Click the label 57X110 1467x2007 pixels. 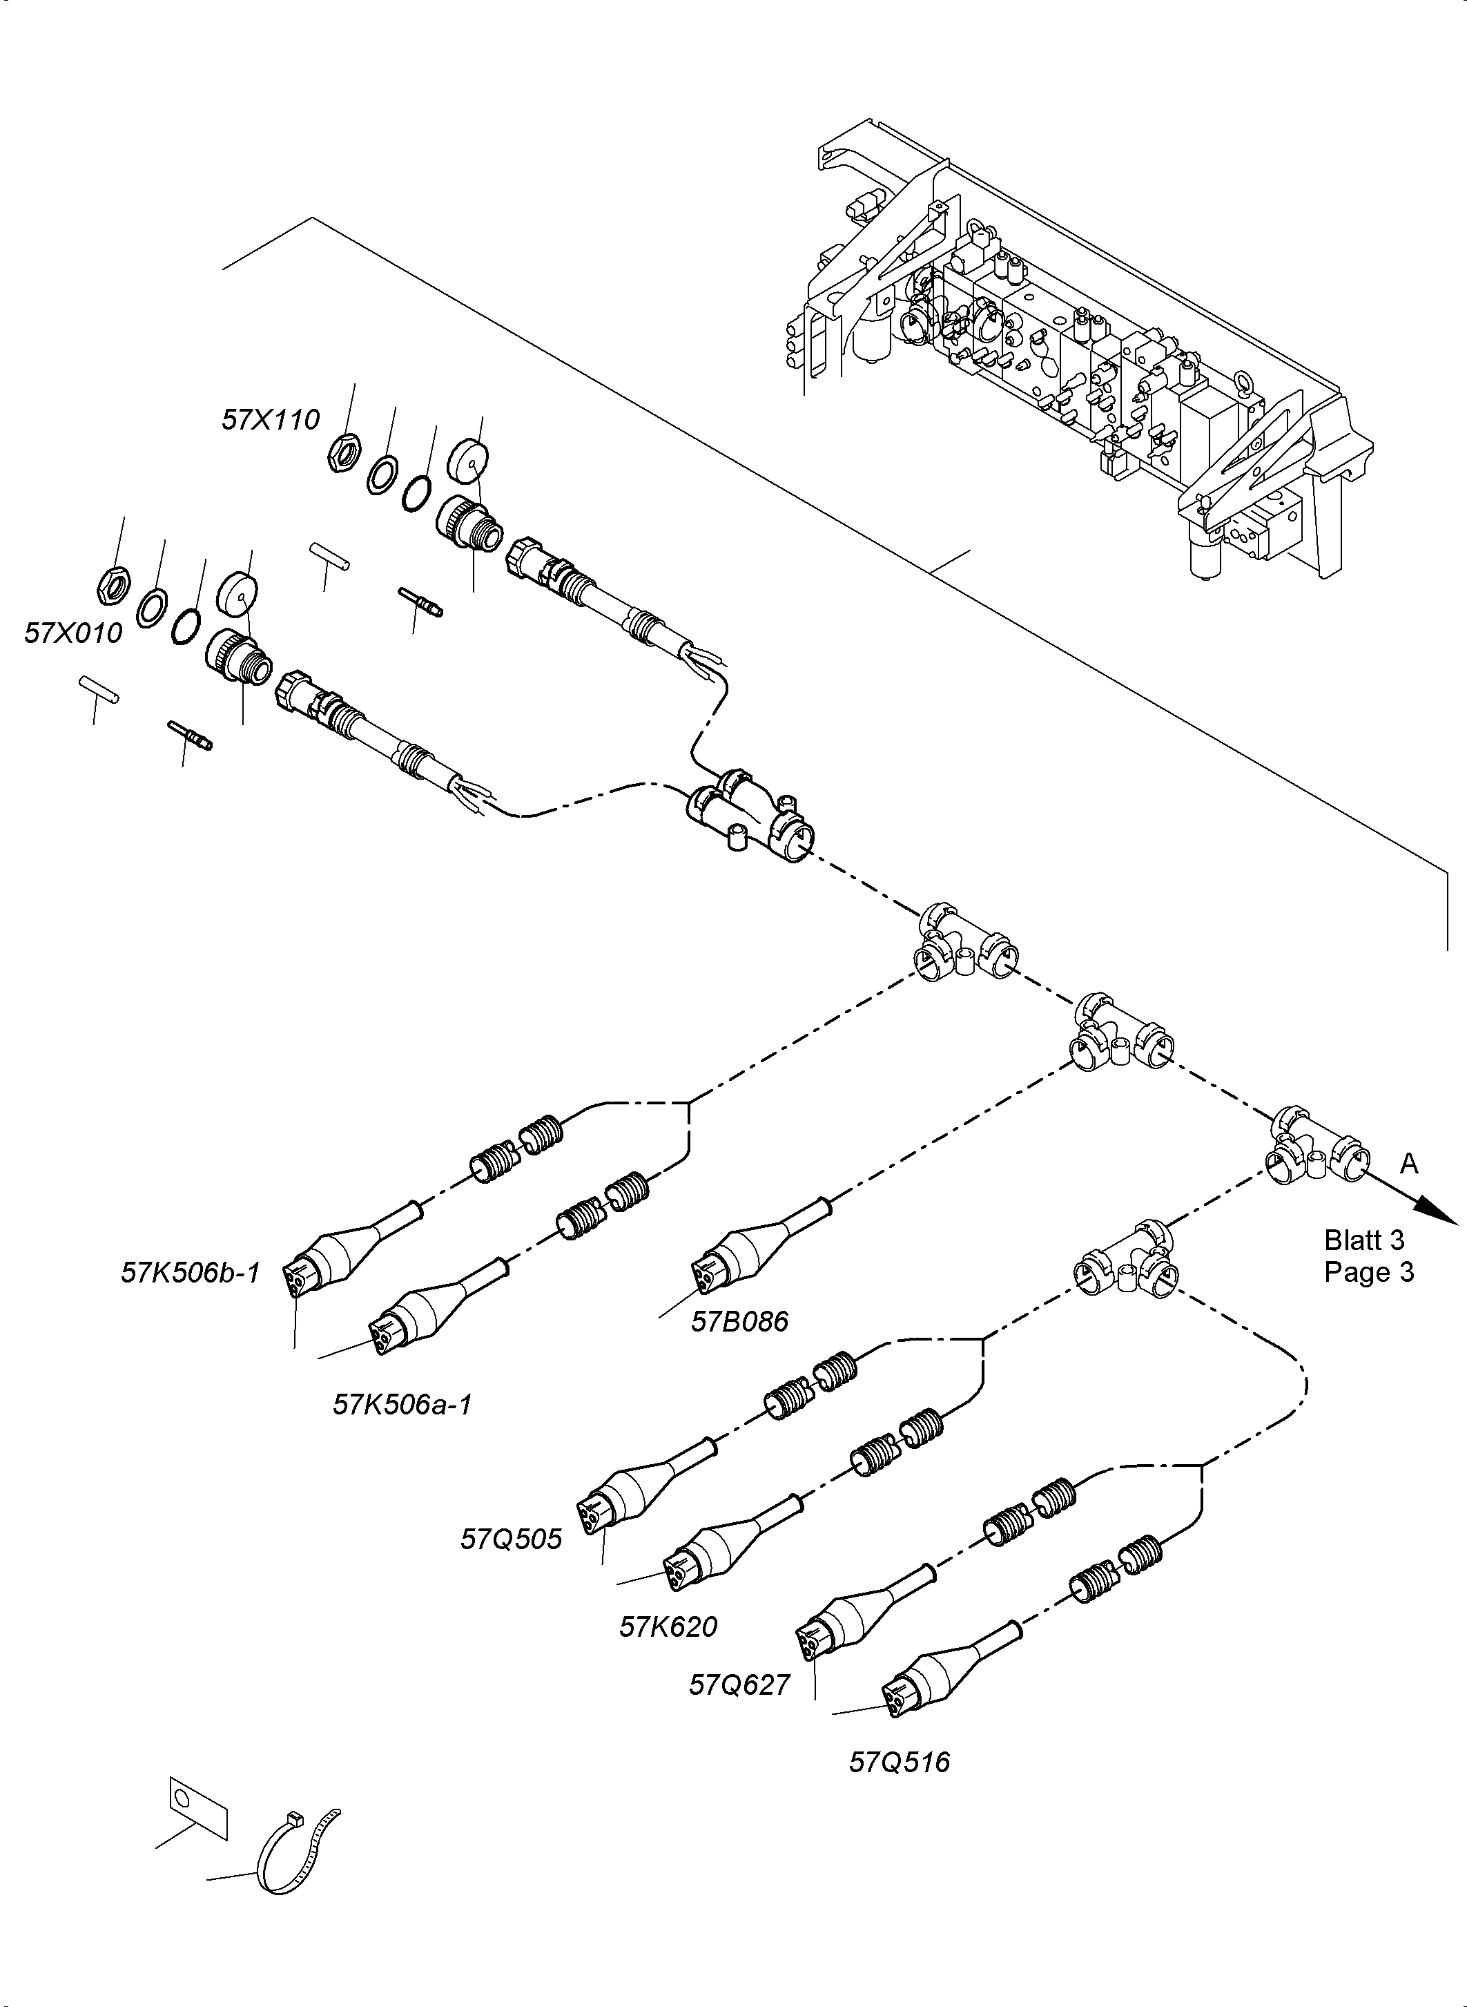pos(270,419)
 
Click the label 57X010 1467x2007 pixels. pos(72,633)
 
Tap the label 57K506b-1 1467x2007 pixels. pos(191,1273)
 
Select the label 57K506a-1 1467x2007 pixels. pos(402,1405)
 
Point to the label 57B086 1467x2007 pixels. pos(740,1322)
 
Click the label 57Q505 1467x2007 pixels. pos(512,1539)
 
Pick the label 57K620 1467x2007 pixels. pos(669,1626)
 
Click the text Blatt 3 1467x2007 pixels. pos(1364,1240)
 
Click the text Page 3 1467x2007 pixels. pos(1368,1271)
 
